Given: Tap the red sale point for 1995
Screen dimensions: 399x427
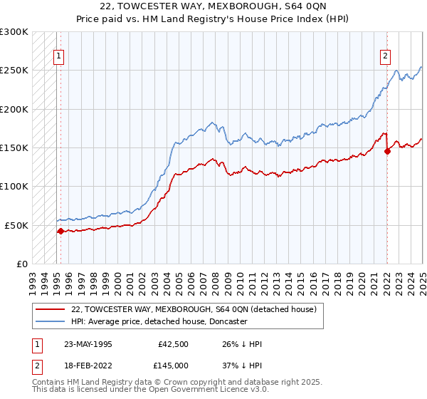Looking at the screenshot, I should [60, 231].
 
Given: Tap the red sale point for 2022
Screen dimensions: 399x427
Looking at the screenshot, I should [388, 151].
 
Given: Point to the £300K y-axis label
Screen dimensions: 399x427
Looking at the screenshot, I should [14, 32].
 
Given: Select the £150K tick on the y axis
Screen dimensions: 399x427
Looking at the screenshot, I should [14, 147].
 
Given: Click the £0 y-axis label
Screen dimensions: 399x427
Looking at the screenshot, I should [22, 264].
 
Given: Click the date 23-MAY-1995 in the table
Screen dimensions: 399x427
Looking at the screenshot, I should [88, 344].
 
